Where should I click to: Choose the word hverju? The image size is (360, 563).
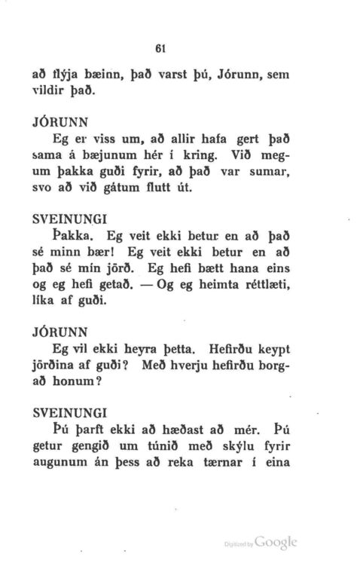point(178,368)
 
